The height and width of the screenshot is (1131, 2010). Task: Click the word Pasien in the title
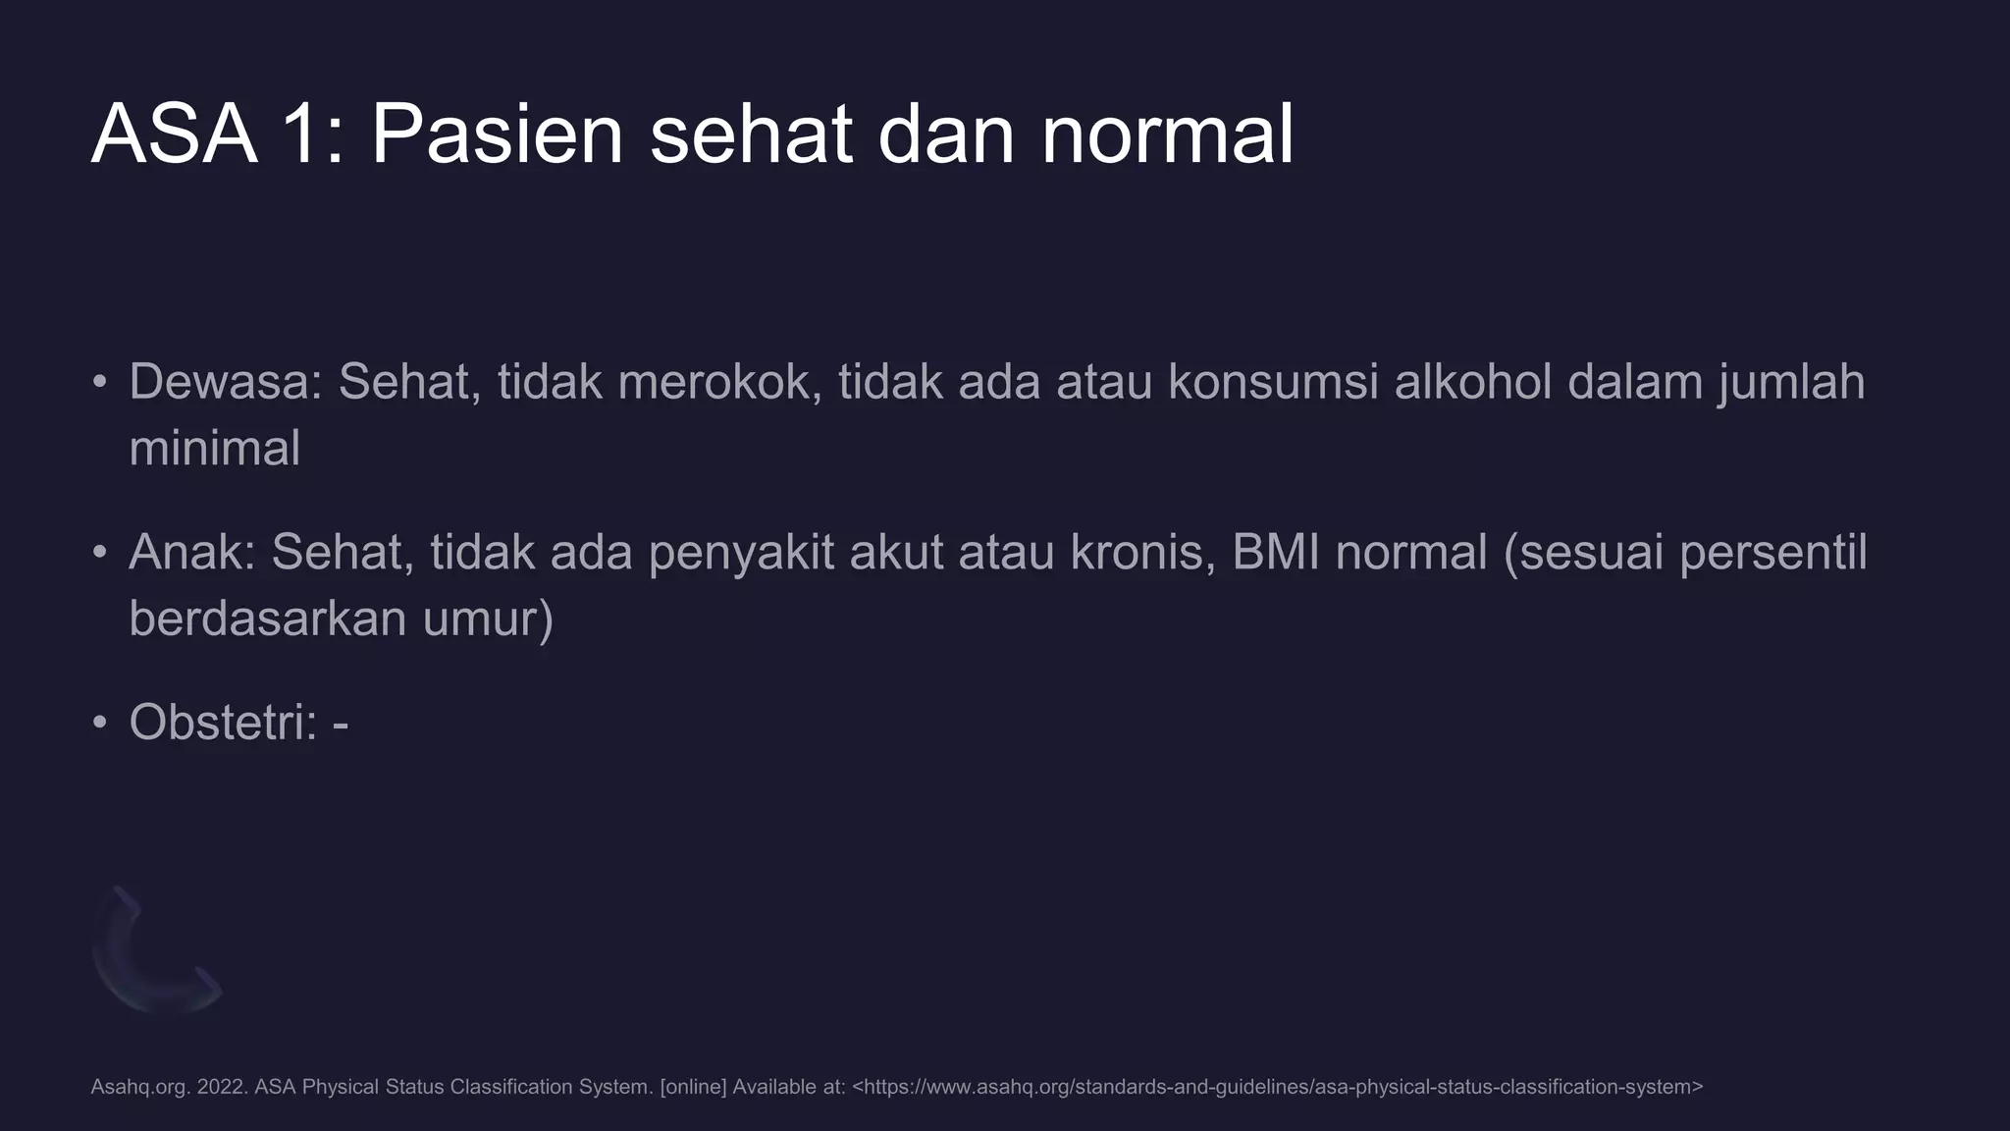[x=497, y=135]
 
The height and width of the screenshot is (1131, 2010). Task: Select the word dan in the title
[x=946, y=135]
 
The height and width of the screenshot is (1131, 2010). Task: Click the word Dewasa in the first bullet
[x=225, y=382]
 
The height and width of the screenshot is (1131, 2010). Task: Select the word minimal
[x=214, y=449]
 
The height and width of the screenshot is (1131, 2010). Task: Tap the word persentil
[x=1772, y=553]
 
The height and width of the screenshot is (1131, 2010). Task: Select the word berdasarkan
[x=267, y=619]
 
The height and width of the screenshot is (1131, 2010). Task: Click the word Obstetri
[x=222, y=723]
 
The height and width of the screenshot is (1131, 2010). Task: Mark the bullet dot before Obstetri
[x=99, y=723]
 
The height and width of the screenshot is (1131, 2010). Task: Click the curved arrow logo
[x=154, y=952]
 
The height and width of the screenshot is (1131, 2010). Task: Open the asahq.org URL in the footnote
[x=1277, y=1087]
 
